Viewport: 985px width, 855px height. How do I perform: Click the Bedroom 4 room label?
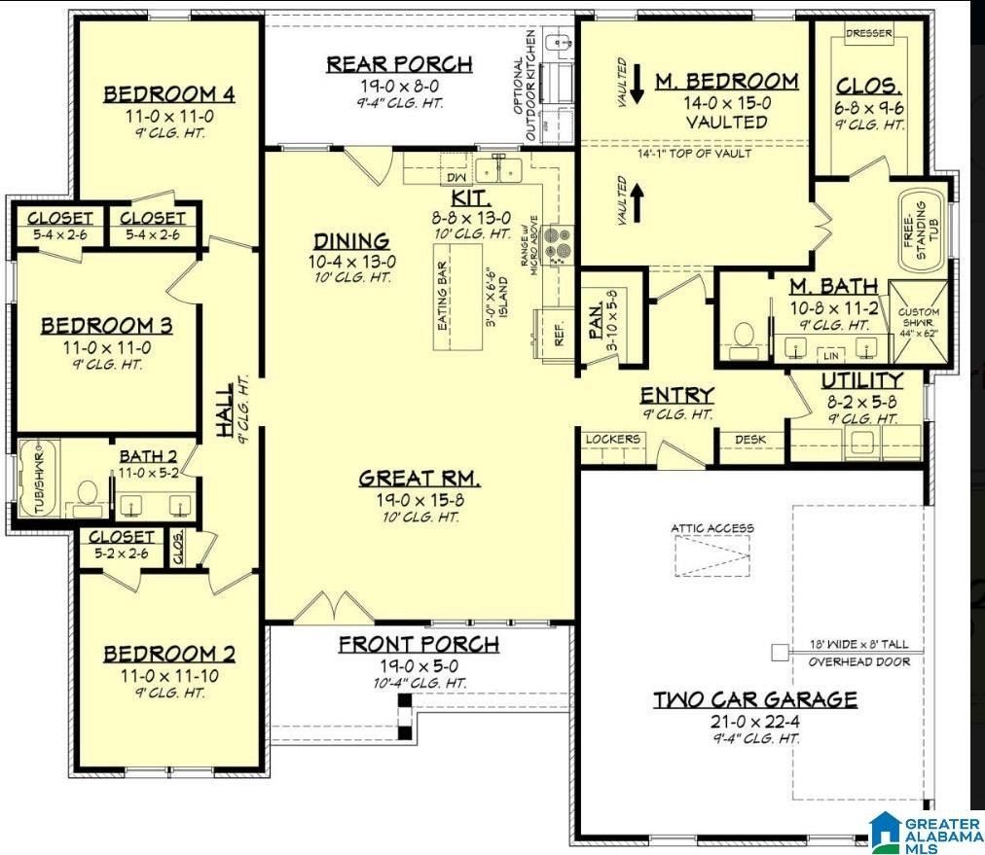pyautogui.click(x=169, y=94)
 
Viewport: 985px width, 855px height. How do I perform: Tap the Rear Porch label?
pyautogui.click(x=399, y=64)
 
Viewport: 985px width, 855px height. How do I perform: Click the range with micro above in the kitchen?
pyautogui.click(x=558, y=244)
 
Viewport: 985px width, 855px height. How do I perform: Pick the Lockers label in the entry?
pyautogui.click(x=613, y=440)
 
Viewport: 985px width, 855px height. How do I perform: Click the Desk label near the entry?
pyautogui.click(x=749, y=440)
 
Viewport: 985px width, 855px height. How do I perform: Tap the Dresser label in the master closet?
pyautogui.click(x=868, y=33)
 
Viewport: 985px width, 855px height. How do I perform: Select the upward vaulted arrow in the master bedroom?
pyautogui.click(x=638, y=199)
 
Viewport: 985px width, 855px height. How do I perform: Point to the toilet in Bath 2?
pyautogui.click(x=89, y=493)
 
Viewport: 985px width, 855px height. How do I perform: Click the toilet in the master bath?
pyautogui.click(x=745, y=334)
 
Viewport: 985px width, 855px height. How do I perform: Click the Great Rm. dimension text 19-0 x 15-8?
pyautogui.click(x=420, y=499)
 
